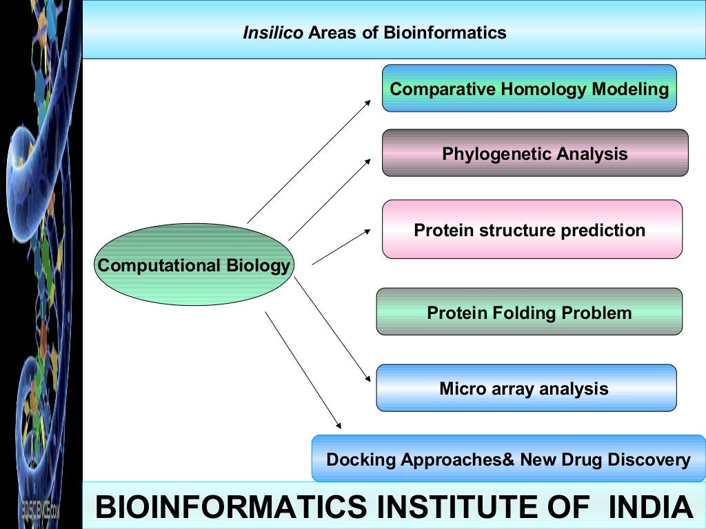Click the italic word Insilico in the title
pyautogui.click(x=273, y=32)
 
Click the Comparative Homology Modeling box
pyautogui.click(x=529, y=89)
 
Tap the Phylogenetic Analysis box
pyautogui.click(x=535, y=153)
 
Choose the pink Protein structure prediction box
pyautogui.click(x=532, y=229)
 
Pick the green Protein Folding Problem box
pyautogui.click(x=529, y=312)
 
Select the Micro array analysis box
pyautogui.click(x=526, y=388)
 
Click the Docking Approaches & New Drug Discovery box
pyautogui.click(x=508, y=459)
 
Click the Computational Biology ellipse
pyautogui.click(x=194, y=265)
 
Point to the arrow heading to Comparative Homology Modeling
pyautogui.click(x=309, y=161)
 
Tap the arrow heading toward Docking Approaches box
pyautogui.click(x=303, y=369)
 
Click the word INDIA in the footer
pyautogui.click(x=652, y=507)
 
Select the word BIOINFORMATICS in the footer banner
pyautogui.click(x=230, y=507)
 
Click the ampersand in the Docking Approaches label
pyautogui.click(x=509, y=459)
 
